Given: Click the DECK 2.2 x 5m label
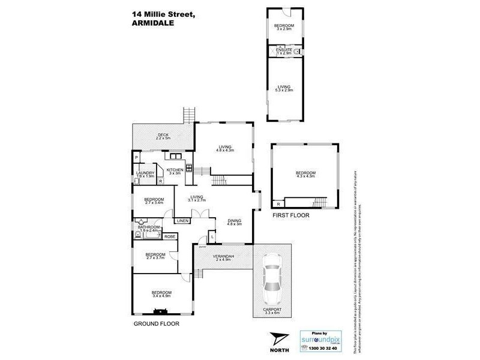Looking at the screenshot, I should click(163, 136).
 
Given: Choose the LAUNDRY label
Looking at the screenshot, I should click(147, 175).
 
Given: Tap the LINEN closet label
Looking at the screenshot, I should click(183, 221).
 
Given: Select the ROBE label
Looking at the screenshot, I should click(169, 237).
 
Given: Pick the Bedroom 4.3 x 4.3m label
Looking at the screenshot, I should click(305, 175).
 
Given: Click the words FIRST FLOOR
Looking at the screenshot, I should click(291, 214).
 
